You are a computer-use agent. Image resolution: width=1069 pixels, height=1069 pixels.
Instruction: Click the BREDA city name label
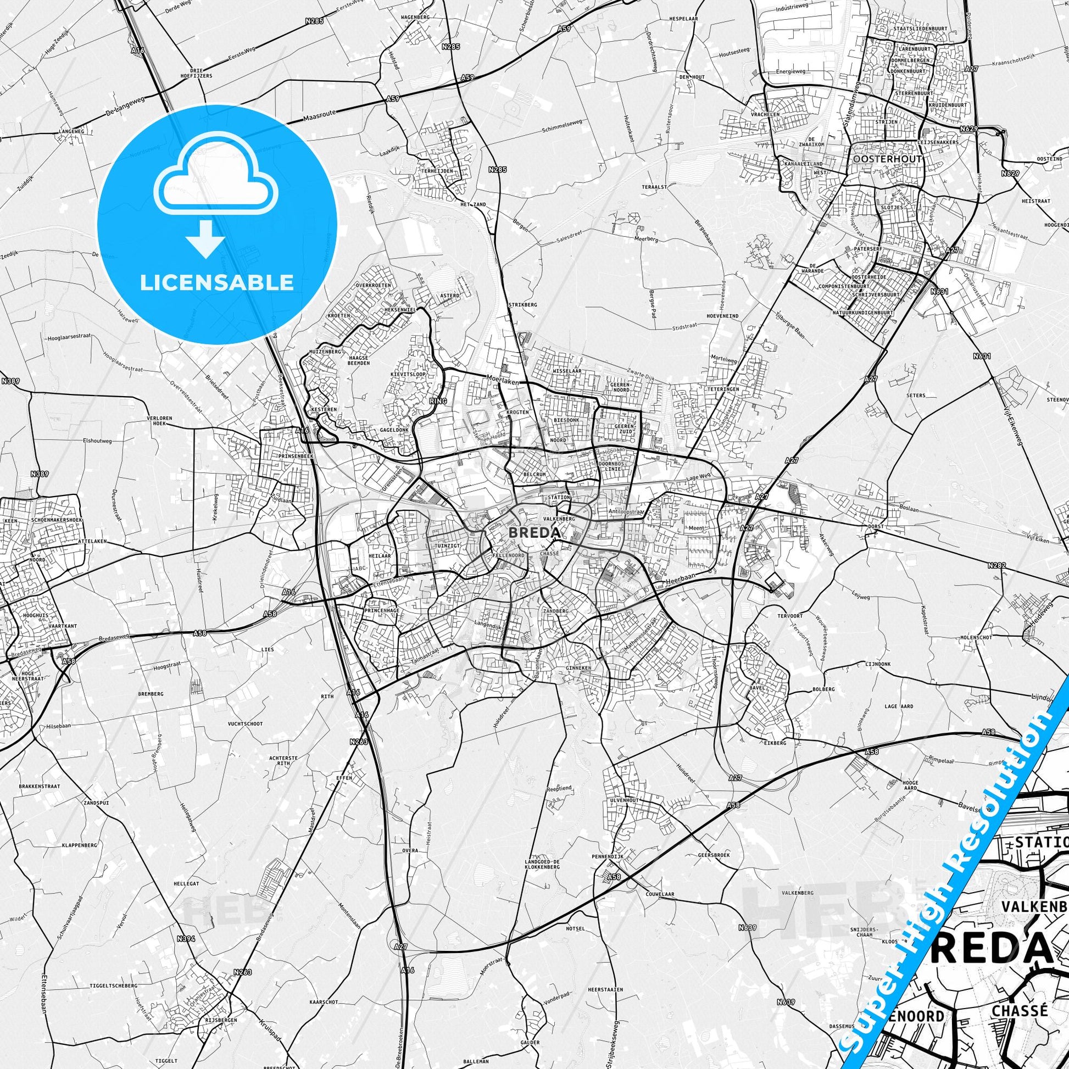(533, 532)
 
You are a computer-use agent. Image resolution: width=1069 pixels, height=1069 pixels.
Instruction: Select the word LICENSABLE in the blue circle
(216, 282)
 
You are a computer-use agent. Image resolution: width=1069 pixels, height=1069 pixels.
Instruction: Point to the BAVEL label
(758, 688)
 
